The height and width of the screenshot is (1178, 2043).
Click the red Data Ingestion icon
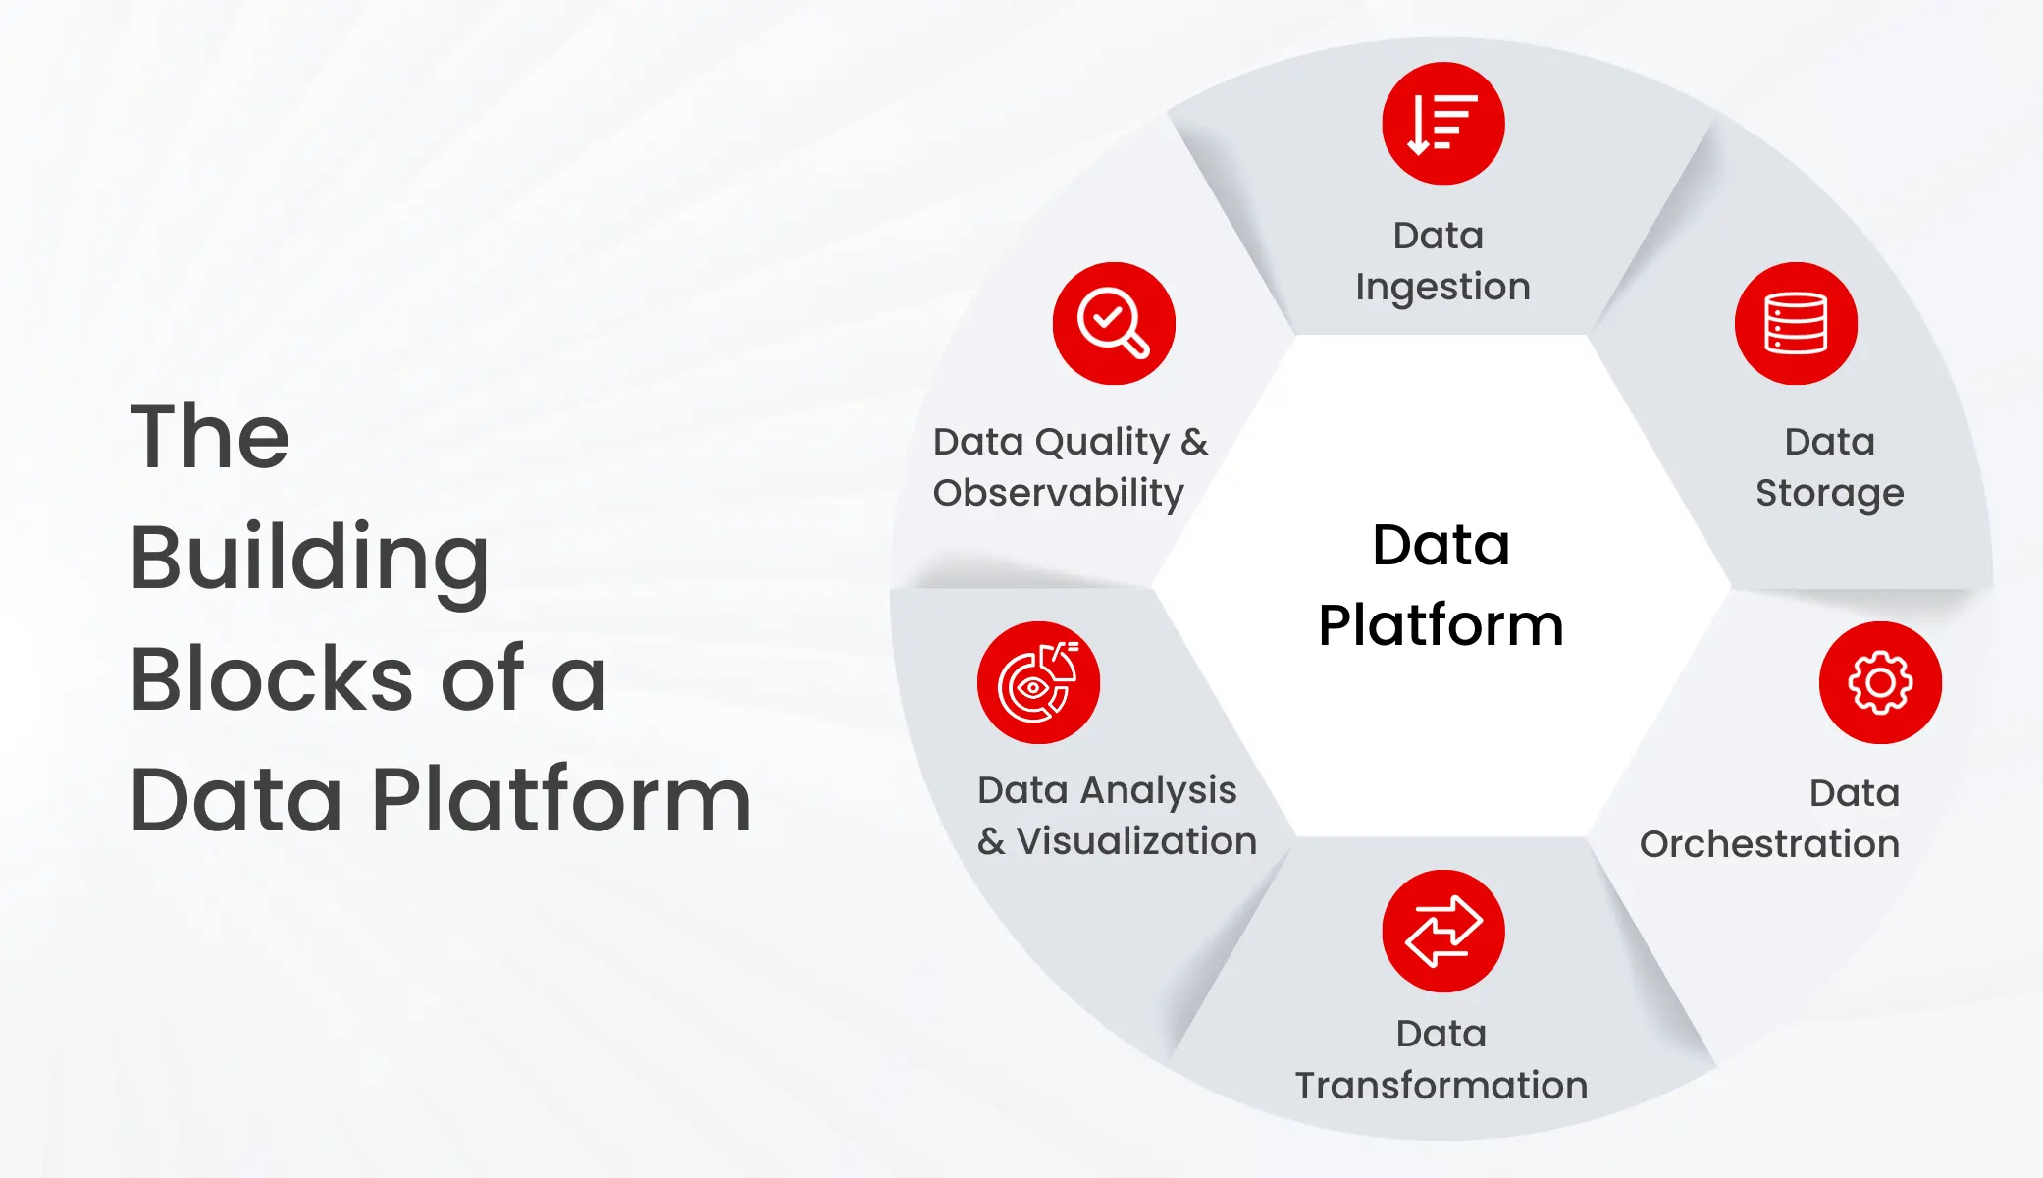[1442, 124]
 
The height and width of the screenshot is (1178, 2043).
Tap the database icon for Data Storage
[1796, 323]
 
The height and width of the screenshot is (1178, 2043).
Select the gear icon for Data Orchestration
[1880, 682]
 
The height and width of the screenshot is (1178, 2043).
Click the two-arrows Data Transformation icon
[1442, 931]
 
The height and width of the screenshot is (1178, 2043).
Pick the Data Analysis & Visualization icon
[1038, 682]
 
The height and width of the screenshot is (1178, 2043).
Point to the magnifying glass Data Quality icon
[1114, 323]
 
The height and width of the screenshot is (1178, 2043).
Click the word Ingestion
[1442, 287]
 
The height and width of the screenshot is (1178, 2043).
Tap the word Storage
[1829, 493]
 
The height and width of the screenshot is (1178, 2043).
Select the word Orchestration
[1769, 844]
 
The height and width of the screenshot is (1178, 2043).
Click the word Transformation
[1441, 1086]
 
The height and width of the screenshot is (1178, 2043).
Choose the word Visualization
[1135, 841]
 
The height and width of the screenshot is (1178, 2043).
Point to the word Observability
[1058, 493]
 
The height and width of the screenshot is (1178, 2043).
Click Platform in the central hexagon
[1441, 626]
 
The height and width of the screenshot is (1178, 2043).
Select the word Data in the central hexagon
[1441, 545]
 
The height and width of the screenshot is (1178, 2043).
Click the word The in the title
[210, 437]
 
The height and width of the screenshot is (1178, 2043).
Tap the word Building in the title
[310, 559]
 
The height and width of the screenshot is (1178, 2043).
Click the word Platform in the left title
[561, 800]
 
